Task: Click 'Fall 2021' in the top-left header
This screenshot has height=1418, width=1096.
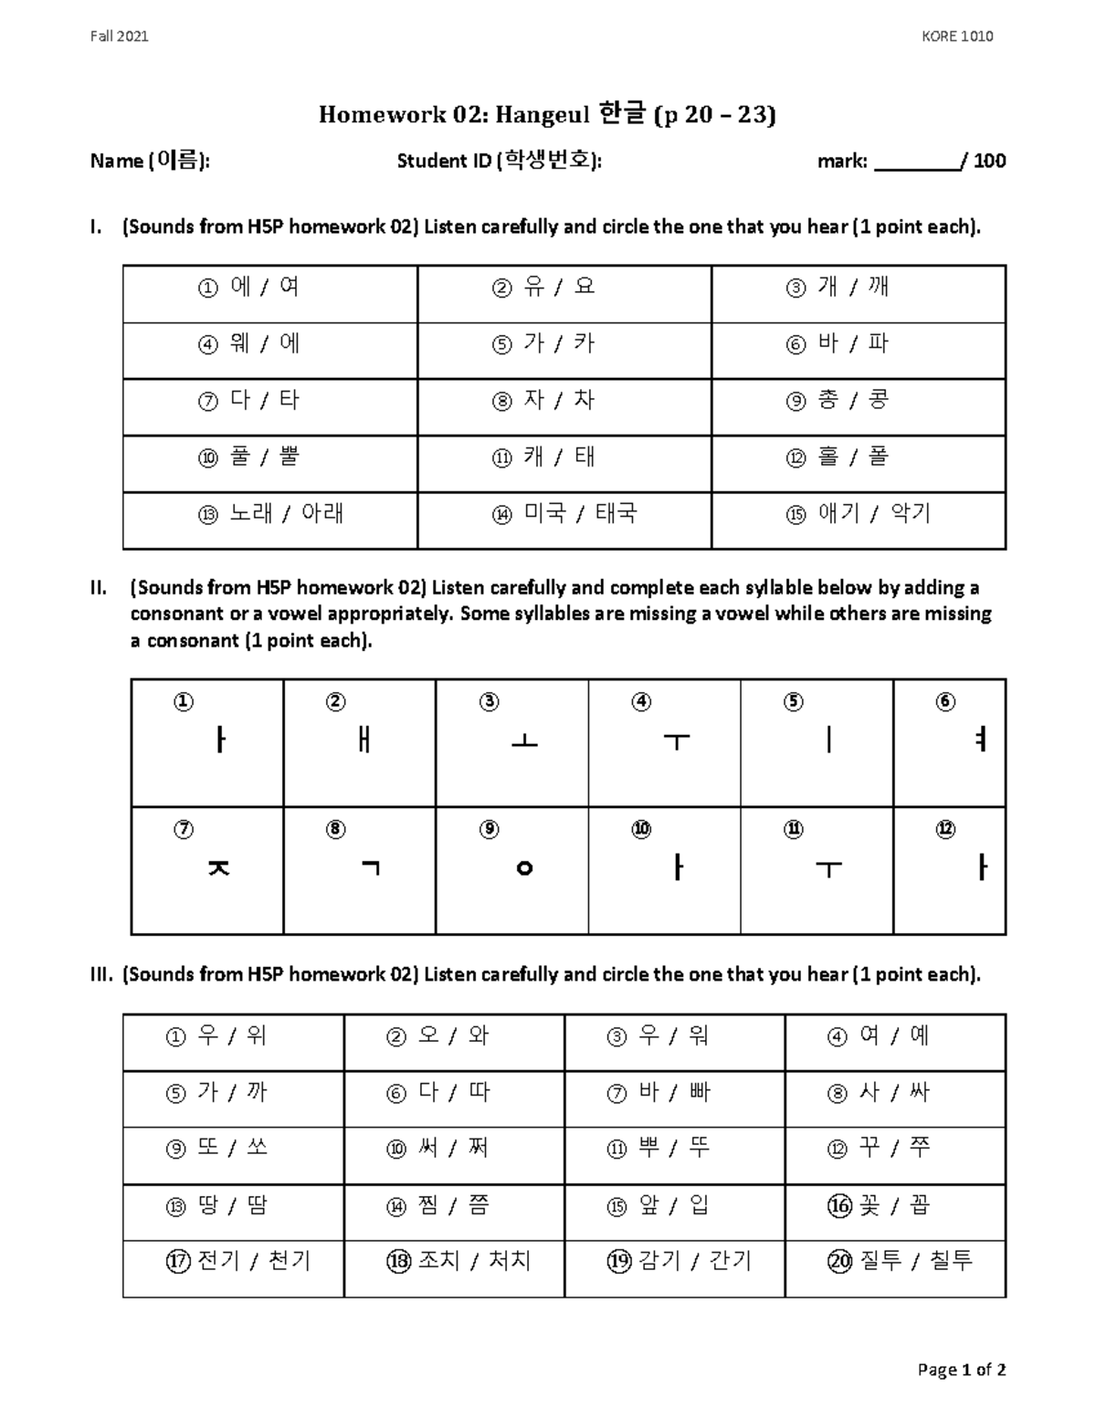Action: pyautogui.click(x=119, y=37)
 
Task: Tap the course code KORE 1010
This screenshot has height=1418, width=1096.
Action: pyautogui.click(x=957, y=37)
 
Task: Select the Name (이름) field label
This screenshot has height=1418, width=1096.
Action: pyautogui.click(x=150, y=162)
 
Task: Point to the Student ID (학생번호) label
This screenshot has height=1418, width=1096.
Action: pyautogui.click(x=499, y=162)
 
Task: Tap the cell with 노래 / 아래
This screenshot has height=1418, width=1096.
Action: pyautogui.click(x=270, y=514)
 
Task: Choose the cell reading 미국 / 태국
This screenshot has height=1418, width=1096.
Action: pyautogui.click(x=564, y=514)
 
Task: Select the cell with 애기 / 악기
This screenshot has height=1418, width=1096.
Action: pyautogui.click(x=859, y=514)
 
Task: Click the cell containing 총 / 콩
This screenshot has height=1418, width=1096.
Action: pyautogui.click(x=859, y=401)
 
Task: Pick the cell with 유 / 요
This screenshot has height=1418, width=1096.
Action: pyautogui.click(x=564, y=288)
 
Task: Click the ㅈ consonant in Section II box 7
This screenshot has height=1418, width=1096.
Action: pyautogui.click(x=218, y=868)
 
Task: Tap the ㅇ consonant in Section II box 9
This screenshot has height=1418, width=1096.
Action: pyautogui.click(x=524, y=868)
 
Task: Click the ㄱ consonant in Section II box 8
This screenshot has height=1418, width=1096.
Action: pyautogui.click(x=370, y=867)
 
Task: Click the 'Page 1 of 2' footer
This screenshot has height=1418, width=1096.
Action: pyautogui.click(x=962, y=1370)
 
